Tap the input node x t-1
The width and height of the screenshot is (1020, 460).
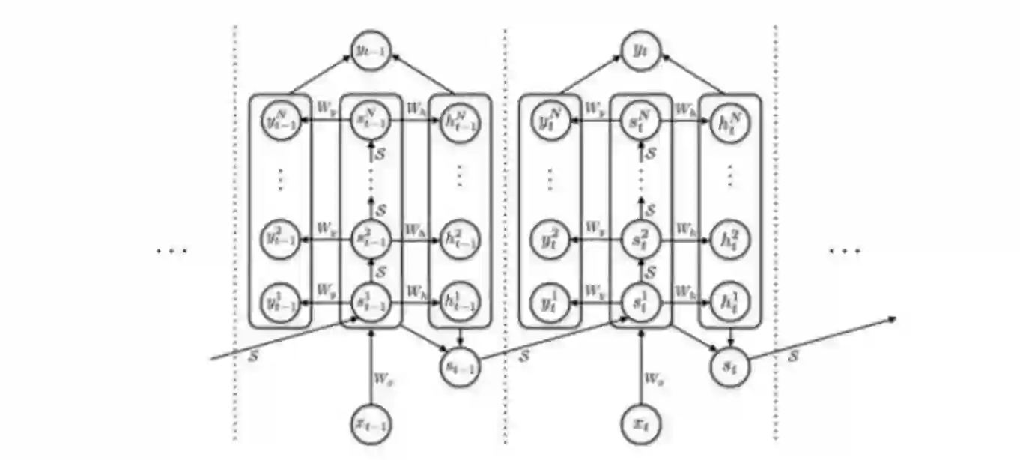click(371, 425)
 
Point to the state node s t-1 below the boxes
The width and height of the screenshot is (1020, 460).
click(460, 367)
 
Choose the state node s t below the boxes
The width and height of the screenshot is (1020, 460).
click(730, 367)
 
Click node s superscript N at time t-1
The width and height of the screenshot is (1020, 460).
click(371, 120)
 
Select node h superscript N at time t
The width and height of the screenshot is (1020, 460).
click(730, 120)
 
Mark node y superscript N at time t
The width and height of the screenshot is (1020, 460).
click(551, 120)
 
